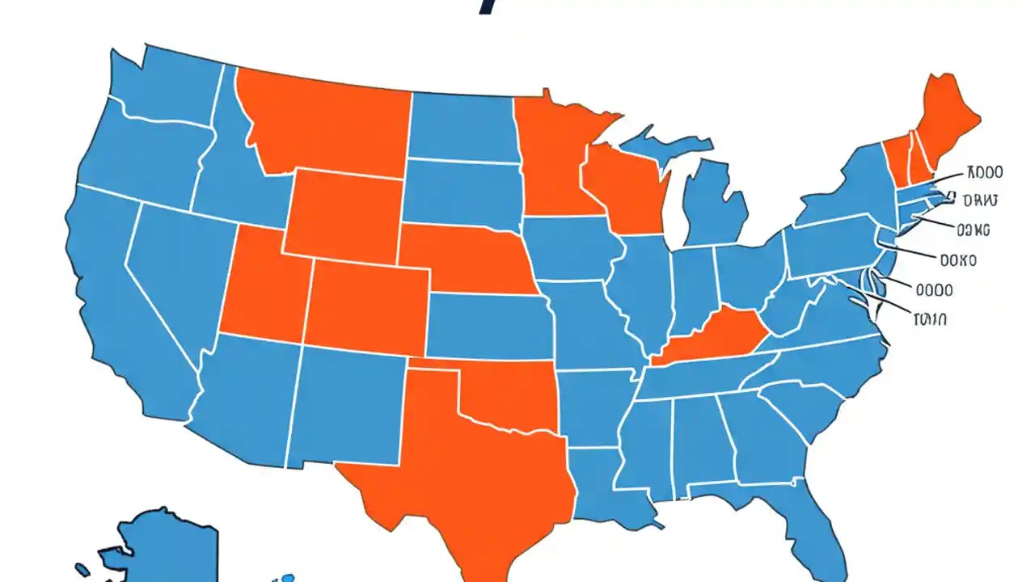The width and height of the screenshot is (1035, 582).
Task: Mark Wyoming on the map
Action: [x=344, y=214]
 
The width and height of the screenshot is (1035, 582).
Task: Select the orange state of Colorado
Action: [x=368, y=307]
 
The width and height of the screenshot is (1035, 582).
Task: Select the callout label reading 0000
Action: [x=933, y=289]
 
